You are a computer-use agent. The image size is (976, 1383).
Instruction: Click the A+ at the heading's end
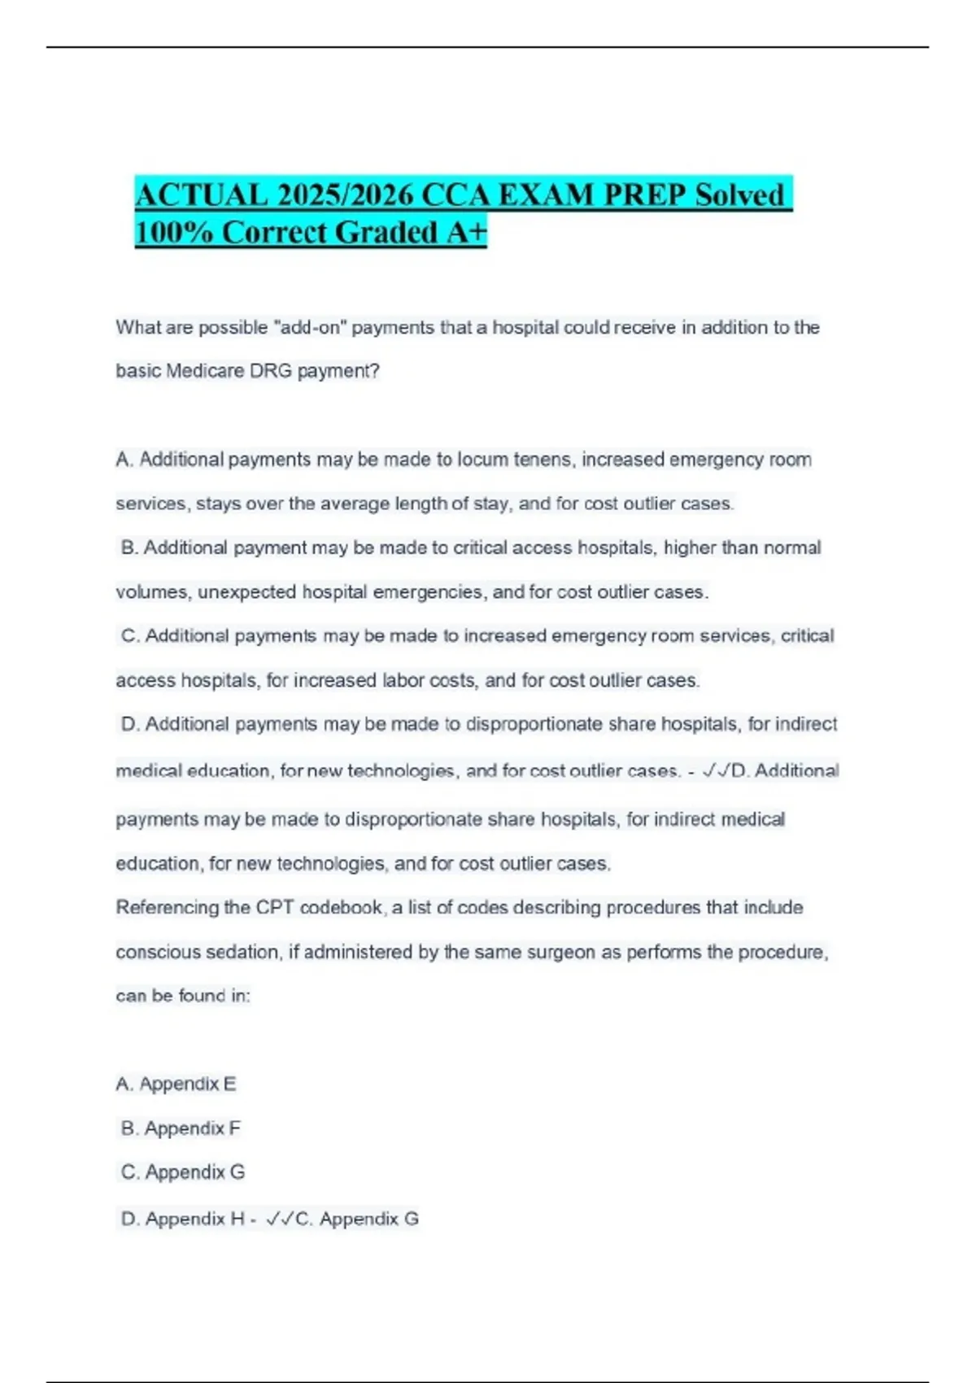click(x=466, y=233)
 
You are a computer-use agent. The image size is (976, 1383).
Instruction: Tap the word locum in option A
click(x=482, y=460)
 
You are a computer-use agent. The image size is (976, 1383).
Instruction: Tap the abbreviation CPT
click(x=274, y=908)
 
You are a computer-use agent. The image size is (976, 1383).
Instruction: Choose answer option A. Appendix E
click(x=176, y=1084)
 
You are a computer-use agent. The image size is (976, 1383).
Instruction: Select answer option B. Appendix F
click(x=181, y=1128)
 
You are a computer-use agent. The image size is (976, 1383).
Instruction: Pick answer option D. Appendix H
click(x=183, y=1219)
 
